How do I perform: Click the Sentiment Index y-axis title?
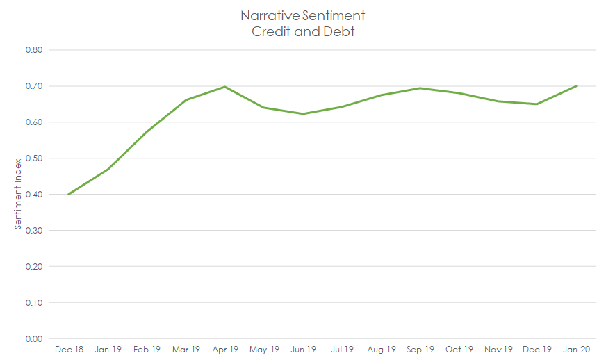click(18, 195)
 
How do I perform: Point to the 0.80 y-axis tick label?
click(34, 50)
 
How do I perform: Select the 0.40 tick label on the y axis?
click(34, 195)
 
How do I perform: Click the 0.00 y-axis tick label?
click(34, 339)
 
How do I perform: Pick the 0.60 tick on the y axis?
click(34, 122)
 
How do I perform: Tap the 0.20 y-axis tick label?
click(34, 267)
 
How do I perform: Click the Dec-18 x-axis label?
click(69, 350)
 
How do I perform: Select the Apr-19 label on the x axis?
click(224, 350)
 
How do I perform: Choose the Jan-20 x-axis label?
click(576, 350)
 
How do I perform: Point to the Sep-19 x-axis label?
click(420, 350)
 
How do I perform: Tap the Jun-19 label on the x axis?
click(303, 350)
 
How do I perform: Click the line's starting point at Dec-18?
click(69, 194)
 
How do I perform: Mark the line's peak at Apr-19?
click(224, 87)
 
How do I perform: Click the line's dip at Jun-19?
click(303, 113)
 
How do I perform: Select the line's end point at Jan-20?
click(576, 86)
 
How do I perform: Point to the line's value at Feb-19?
click(147, 132)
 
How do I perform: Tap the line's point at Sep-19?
click(420, 88)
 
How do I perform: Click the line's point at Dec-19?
click(537, 104)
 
